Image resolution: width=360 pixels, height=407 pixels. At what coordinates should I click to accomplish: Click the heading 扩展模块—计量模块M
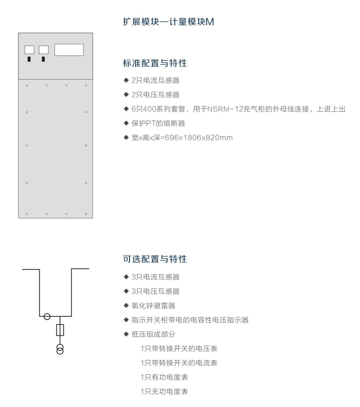click(168, 22)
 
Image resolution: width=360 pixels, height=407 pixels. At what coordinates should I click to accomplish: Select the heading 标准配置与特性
click(155, 63)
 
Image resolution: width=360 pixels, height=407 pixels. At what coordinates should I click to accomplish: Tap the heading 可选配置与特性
click(155, 259)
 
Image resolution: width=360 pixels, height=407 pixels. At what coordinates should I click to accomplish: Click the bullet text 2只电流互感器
click(155, 81)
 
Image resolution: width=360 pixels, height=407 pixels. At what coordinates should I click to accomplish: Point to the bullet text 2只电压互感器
click(155, 95)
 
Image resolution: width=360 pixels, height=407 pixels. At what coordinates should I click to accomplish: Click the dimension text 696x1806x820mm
click(199, 138)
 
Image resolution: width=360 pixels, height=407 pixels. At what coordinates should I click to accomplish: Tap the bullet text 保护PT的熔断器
click(158, 123)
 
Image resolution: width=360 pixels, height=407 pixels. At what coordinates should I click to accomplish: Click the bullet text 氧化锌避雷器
click(153, 306)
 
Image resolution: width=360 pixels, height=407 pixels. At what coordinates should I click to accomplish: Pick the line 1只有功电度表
click(164, 377)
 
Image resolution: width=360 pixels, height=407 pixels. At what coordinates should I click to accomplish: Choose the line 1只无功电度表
click(164, 391)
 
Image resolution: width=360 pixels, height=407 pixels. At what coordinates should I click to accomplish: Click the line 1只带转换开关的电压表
click(179, 349)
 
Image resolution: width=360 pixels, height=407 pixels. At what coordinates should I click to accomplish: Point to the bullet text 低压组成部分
click(153, 334)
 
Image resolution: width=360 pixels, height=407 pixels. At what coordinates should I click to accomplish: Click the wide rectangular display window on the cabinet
click(69, 50)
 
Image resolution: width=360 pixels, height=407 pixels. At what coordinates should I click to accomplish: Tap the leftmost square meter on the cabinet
click(29, 50)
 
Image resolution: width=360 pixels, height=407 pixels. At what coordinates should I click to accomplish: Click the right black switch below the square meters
click(43, 59)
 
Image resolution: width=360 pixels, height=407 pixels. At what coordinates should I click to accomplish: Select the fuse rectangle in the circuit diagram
click(60, 330)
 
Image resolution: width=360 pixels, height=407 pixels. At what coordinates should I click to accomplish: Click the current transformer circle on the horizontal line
click(47, 316)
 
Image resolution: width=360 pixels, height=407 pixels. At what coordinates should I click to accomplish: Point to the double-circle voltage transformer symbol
click(60, 349)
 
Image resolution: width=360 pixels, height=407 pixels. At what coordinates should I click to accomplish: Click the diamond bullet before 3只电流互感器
click(126, 277)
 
